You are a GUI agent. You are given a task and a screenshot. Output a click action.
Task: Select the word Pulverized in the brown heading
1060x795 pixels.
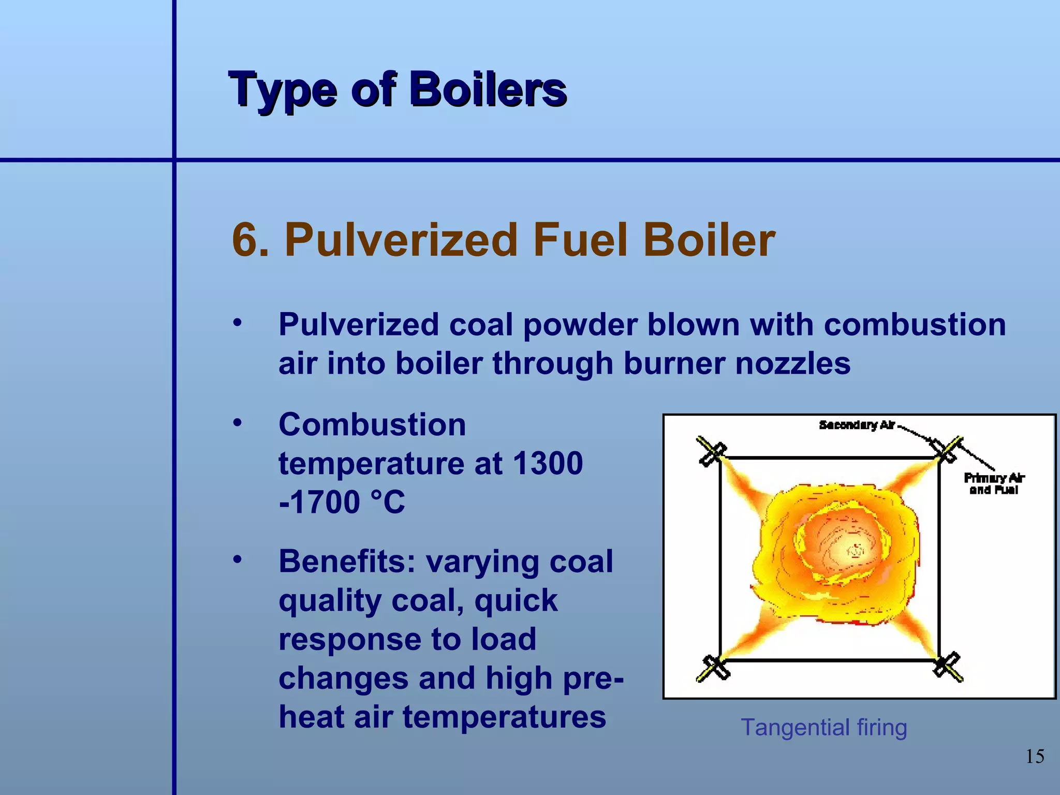[401, 240]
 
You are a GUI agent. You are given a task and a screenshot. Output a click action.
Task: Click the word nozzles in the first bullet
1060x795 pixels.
[793, 363]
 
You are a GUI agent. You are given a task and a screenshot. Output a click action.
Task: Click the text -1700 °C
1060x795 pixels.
[342, 502]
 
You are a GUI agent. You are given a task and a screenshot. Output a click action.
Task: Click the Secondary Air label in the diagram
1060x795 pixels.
[857, 425]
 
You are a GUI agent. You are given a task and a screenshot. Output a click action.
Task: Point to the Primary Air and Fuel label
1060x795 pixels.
[994, 483]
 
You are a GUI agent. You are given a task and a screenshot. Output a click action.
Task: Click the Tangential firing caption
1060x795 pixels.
[823, 727]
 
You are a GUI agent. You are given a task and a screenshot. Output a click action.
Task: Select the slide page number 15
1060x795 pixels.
[1035, 757]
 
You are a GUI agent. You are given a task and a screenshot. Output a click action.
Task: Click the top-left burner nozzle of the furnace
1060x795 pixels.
[712, 451]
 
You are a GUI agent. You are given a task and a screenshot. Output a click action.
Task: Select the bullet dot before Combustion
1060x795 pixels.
[237, 423]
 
